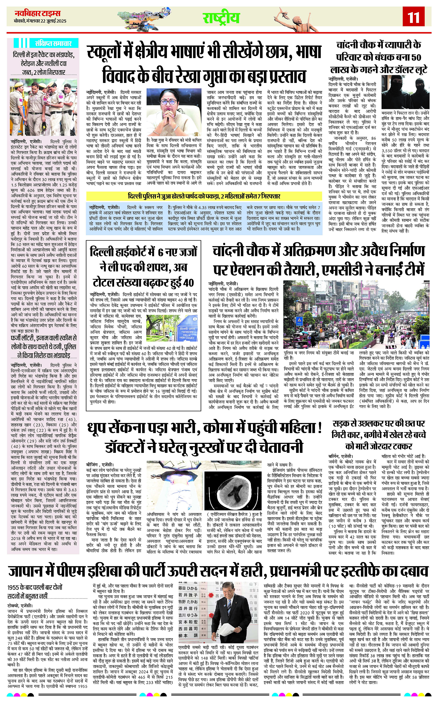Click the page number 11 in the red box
(x=413, y=17)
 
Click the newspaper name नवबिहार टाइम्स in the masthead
(x=38, y=13)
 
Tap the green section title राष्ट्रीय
(x=221, y=18)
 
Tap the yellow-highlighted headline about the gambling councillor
(x=204, y=196)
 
